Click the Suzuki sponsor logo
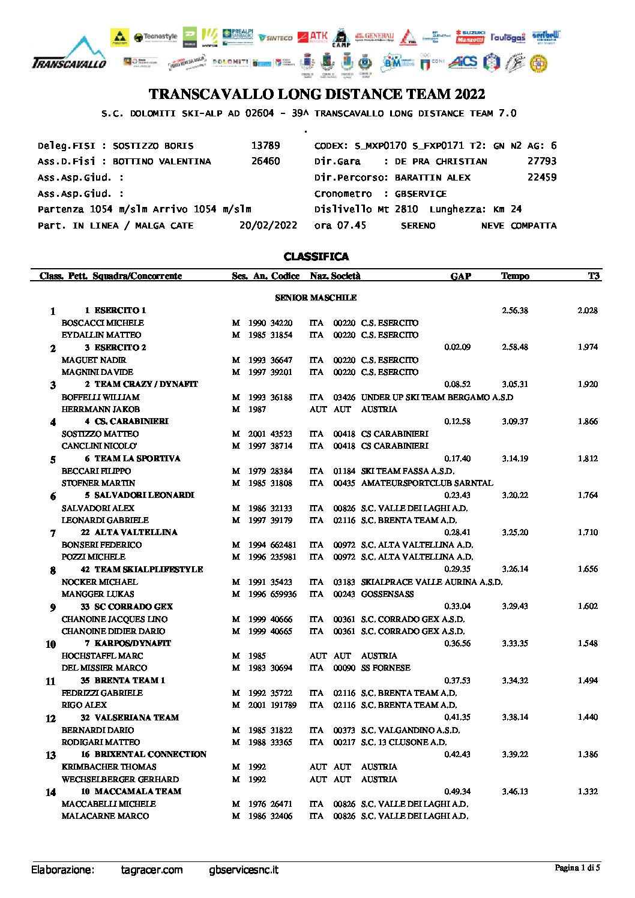click(470, 37)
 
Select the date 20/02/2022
click(268, 226)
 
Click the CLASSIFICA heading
click(316, 257)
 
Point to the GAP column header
click(460, 276)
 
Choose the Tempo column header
click(515, 276)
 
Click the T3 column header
click(593, 276)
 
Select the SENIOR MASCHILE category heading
click(316, 298)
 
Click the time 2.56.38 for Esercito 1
click(515, 311)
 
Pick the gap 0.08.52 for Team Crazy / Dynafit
click(457, 385)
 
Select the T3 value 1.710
click(588, 533)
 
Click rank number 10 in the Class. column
click(51, 644)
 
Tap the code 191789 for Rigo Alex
click(283, 705)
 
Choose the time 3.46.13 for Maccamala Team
click(515, 792)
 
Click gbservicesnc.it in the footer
click(244, 870)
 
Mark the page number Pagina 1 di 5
click(577, 867)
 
